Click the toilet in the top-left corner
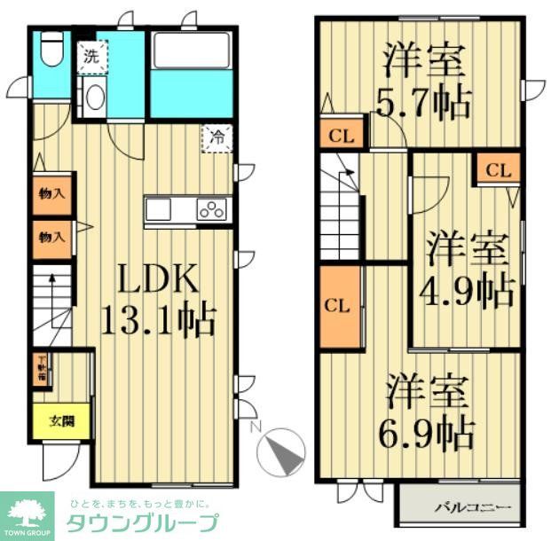pos(51,50)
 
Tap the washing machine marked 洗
pos(92,56)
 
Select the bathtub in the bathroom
pos(191,52)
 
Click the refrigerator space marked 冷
pos(217,138)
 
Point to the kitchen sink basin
pos(159,210)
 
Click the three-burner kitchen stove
pos(212,210)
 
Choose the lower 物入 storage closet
pos(51,238)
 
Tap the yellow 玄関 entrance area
pos(61,420)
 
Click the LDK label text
pos(158,281)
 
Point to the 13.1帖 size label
pos(157,319)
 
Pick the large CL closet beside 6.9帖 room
pos(340,307)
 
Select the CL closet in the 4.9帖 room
pos(498,169)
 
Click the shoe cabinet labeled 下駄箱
pos(42,371)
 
